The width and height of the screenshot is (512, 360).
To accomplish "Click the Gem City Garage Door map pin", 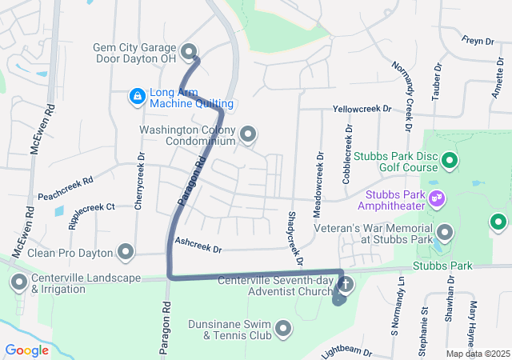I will (x=190, y=52).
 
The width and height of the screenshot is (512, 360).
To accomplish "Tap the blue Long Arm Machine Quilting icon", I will (x=138, y=97).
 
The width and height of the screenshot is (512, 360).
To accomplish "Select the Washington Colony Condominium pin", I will (x=248, y=135).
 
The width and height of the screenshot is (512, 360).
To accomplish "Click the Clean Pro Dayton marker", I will (x=126, y=253).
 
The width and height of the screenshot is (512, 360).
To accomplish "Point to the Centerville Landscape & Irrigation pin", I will (x=19, y=282).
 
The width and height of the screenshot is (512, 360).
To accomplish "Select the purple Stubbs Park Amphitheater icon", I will (x=437, y=197).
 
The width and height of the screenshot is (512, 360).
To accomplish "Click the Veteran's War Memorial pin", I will (x=445, y=233).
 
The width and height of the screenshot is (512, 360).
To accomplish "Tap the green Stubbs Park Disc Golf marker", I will (x=450, y=161).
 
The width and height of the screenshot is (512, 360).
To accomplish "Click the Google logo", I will (x=26, y=350).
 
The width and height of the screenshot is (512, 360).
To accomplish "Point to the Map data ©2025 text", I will (x=478, y=354).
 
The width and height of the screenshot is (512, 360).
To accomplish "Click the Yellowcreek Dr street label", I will (x=362, y=108).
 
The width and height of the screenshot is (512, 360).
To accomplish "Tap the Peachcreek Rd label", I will (x=66, y=188).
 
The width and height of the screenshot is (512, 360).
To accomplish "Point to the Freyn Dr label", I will (x=478, y=40).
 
